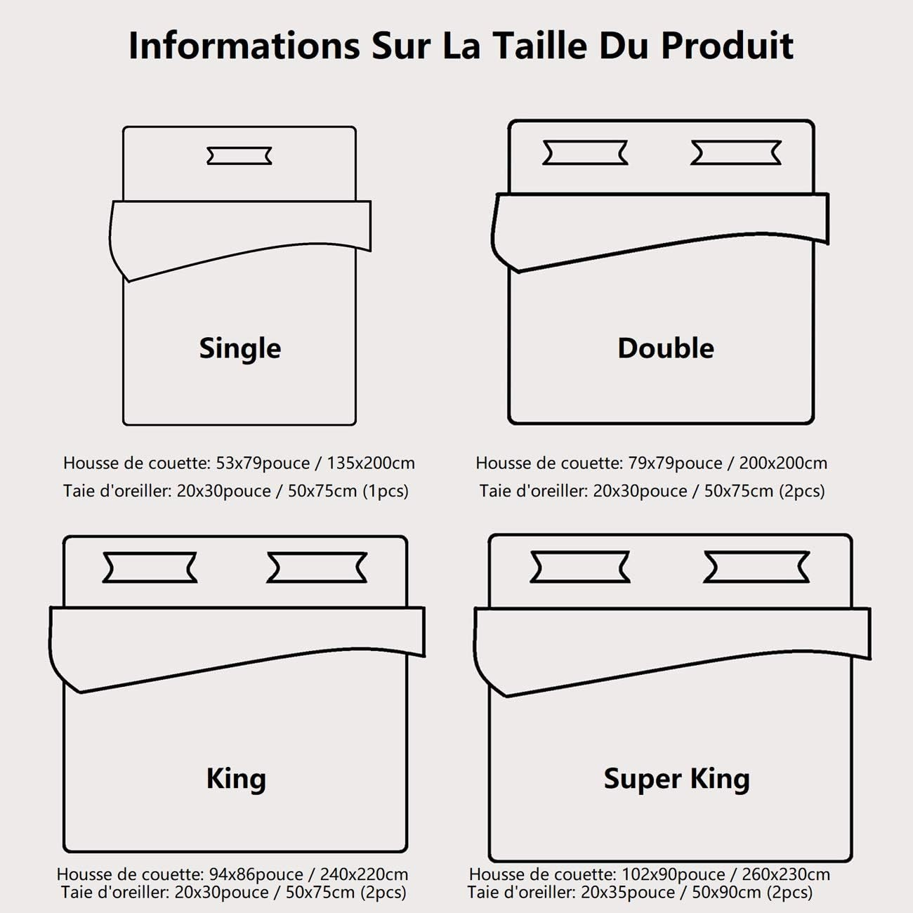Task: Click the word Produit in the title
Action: [x=727, y=46]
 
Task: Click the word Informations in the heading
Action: [x=244, y=46]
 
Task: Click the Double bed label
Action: [x=666, y=348]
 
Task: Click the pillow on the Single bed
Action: [x=239, y=156]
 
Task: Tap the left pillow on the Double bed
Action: [x=585, y=152]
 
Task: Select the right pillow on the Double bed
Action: [x=735, y=152]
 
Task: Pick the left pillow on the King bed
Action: [x=150, y=567]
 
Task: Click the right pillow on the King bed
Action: [x=317, y=567]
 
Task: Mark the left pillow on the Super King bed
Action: [x=580, y=567]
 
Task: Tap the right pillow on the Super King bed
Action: [x=756, y=567]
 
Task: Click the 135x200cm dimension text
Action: [x=371, y=463]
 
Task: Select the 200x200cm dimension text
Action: [x=783, y=463]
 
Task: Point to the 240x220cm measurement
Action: [x=364, y=874]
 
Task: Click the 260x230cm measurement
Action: [x=786, y=874]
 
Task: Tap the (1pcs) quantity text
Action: [x=386, y=492]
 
